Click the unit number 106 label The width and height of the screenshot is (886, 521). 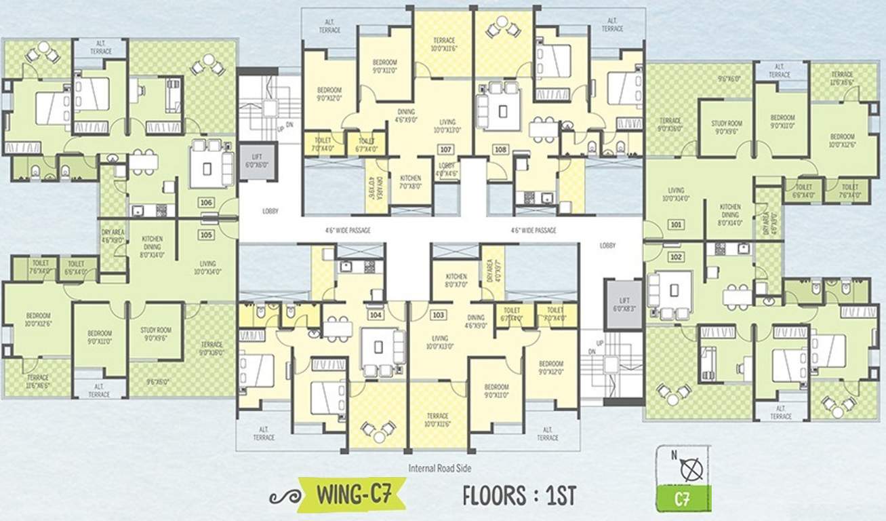pos(207,202)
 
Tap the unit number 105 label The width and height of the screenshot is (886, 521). pos(207,235)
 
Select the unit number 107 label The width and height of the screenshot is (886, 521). pos(445,149)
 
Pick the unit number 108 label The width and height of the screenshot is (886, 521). pos(501,149)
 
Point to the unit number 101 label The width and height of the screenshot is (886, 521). pos(676,223)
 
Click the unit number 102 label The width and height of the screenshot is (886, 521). pos(676,256)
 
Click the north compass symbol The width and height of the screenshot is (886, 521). pos(691,469)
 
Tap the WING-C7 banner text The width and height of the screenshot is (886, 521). pos(352,495)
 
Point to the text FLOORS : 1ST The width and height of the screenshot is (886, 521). pos(519,495)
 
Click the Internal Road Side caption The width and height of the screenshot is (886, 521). pos(440,468)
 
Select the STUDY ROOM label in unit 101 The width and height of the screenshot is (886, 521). pos(727,128)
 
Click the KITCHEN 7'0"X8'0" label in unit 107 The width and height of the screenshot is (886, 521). pos(410,182)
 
